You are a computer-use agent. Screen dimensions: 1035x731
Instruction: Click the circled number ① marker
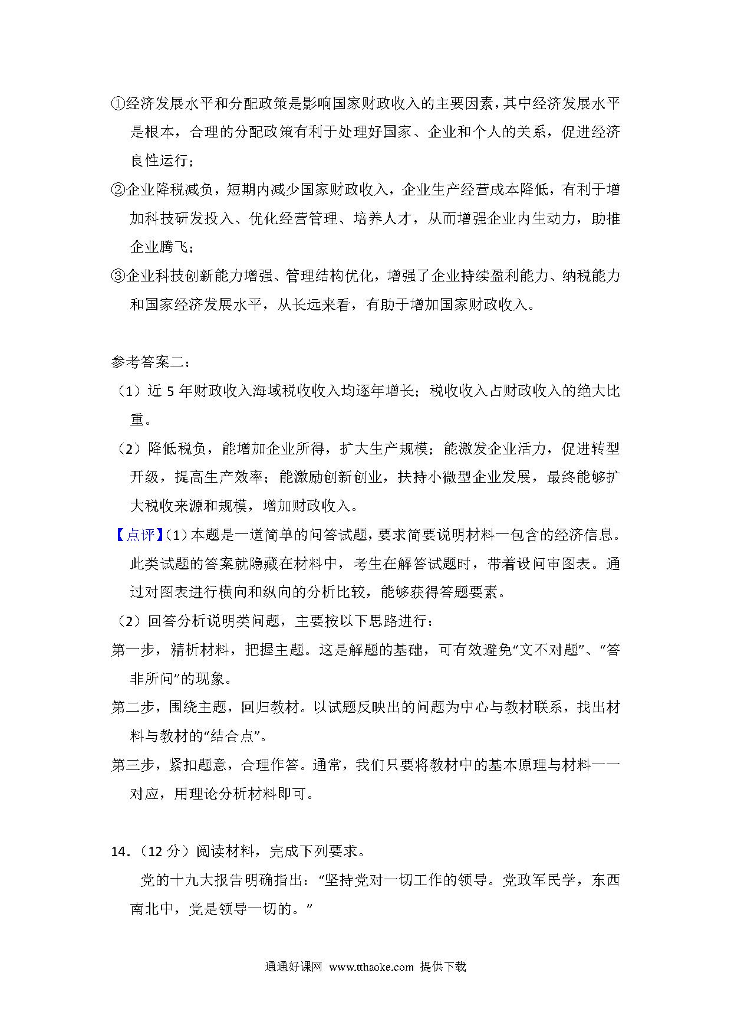(118, 104)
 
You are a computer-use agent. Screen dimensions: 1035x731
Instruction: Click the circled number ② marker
(118, 190)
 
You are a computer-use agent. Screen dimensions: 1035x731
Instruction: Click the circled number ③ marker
(118, 276)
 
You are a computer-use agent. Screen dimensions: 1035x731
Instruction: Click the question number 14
(120, 851)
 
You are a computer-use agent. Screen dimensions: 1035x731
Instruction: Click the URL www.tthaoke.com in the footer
(371, 967)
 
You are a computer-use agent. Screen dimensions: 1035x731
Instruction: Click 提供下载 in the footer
(443, 967)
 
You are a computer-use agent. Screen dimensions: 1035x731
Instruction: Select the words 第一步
(133, 650)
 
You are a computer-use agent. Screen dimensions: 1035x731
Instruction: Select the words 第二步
(133, 708)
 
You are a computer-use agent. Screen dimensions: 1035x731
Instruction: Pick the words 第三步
(133, 765)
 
